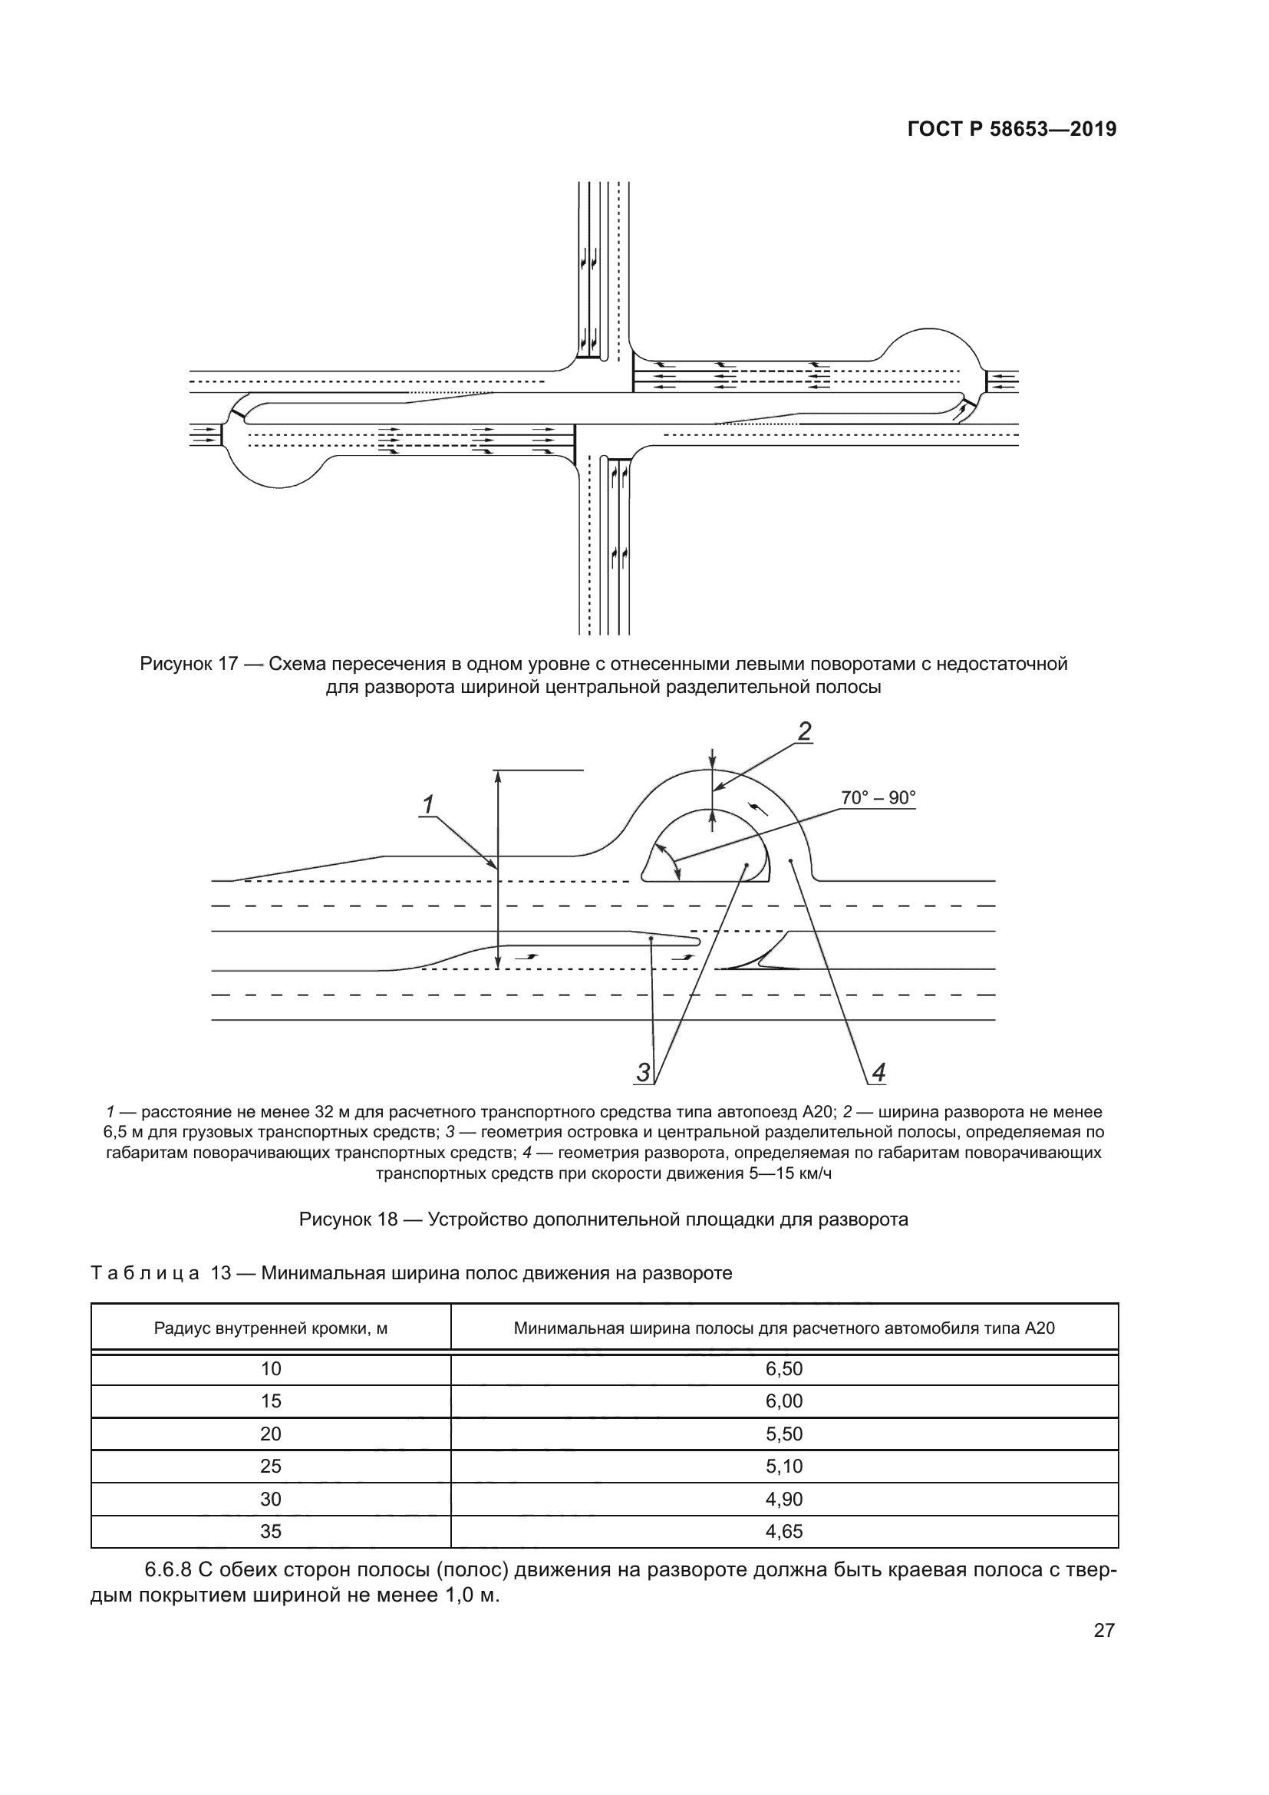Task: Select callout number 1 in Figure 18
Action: [x=428, y=803]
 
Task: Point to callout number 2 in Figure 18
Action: [x=804, y=731]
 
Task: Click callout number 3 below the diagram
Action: [x=643, y=1073]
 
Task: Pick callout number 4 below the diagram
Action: [x=878, y=1073]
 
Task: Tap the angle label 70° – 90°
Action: [x=878, y=797]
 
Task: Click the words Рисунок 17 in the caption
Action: [x=188, y=665]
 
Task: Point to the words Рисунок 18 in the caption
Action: [x=348, y=1219]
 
